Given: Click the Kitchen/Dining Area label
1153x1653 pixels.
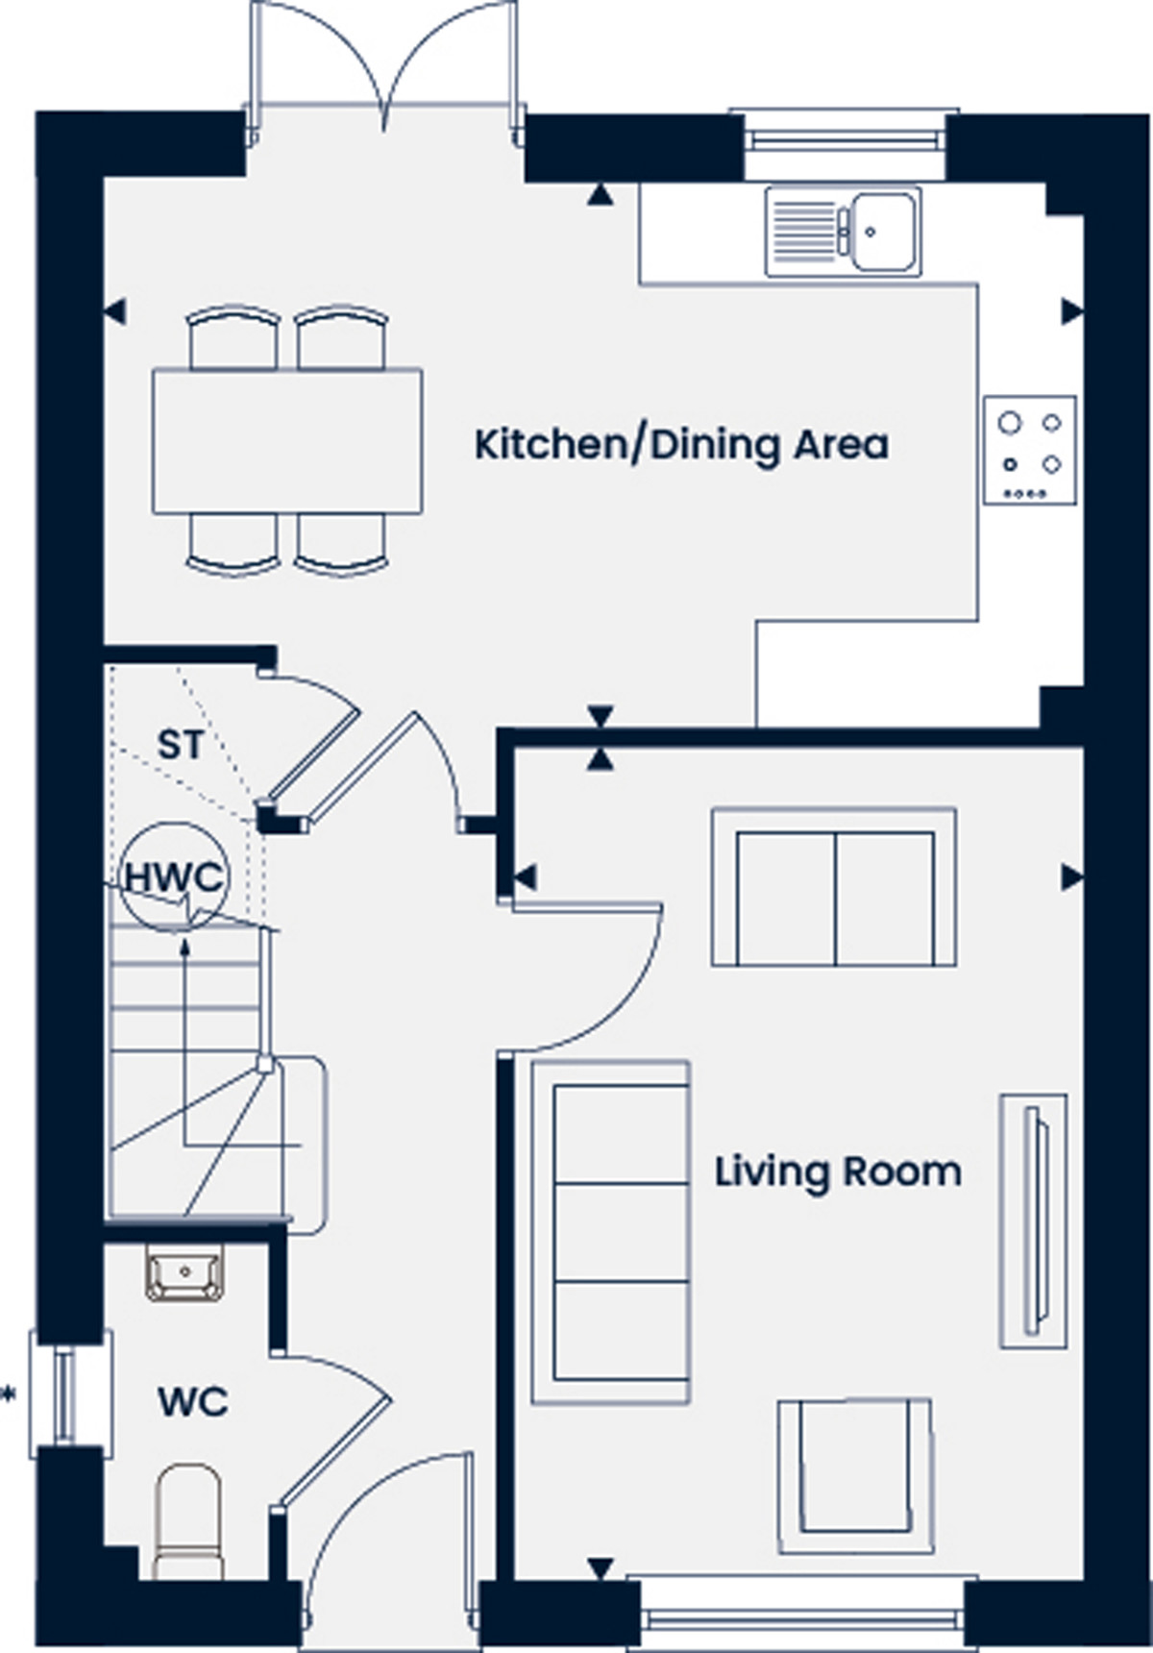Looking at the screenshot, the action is point(681,446).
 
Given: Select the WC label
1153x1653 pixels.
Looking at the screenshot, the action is point(193,1402).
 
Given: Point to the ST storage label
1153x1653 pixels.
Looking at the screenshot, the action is point(181,745).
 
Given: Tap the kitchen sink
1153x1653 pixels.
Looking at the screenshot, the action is point(843,232).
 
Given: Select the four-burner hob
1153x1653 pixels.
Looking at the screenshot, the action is point(1030,450).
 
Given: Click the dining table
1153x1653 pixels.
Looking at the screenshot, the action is point(287,440).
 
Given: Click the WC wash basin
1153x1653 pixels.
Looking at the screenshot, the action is point(184,1272).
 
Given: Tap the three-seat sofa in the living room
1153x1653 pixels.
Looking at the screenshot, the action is point(610,1232).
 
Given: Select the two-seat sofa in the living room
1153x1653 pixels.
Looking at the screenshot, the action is point(834,887).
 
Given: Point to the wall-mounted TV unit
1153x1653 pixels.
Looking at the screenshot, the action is point(1034,1221).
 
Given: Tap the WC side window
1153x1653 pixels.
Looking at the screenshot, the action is point(69,1392).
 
